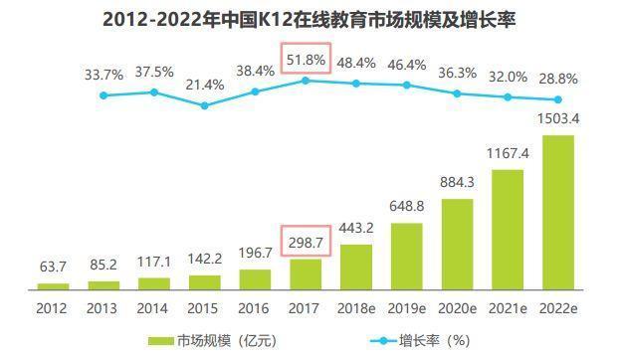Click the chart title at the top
click(311, 19)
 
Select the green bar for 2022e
click(558, 212)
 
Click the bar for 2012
click(52, 285)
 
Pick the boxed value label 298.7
click(305, 242)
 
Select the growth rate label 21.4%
click(204, 85)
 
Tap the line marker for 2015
click(204, 104)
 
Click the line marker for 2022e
click(558, 99)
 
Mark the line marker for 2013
click(103, 95)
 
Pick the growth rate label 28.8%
click(559, 77)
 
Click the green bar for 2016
click(255, 278)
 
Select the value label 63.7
click(52, 266)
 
